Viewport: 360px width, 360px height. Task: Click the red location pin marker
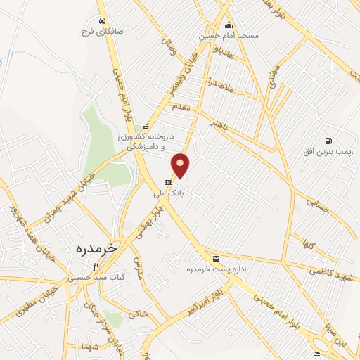[181, 165]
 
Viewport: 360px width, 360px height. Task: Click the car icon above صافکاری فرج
[103, 20]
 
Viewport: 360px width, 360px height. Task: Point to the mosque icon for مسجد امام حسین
[229, 26]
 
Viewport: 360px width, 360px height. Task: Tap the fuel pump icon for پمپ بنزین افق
[328, 141]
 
